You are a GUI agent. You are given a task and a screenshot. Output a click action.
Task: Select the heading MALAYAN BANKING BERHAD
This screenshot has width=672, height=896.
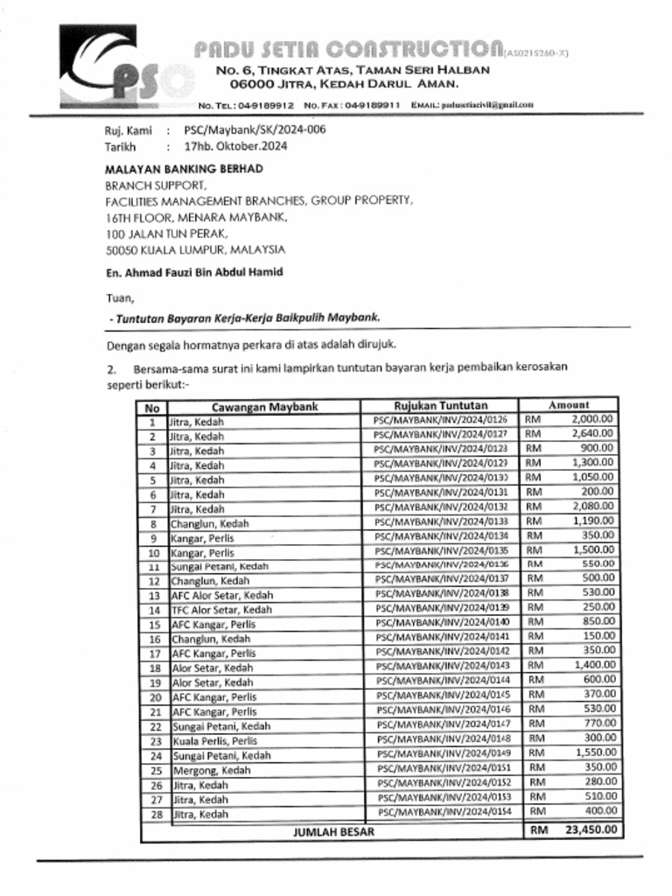point(184,169)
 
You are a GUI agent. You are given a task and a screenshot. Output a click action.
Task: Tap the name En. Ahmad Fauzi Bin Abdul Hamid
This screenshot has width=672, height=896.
point(193,272)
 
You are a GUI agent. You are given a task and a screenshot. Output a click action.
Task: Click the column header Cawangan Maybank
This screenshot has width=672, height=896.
point(264,406)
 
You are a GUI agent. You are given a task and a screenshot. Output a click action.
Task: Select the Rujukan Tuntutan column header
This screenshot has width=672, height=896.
point(440,406)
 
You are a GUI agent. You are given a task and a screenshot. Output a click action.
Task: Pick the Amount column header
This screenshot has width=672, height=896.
point(569,405)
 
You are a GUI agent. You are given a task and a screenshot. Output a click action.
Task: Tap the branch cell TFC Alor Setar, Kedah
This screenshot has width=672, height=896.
point(221,610)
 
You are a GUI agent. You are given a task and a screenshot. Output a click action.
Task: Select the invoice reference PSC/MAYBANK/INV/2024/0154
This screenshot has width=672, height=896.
point(444,813)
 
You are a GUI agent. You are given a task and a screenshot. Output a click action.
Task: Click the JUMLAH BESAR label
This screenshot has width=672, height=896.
point(332,831)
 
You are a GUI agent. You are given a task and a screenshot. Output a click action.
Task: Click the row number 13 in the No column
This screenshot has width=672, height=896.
point(153,595)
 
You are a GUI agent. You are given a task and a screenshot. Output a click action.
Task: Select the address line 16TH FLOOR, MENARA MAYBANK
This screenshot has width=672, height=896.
point(196,216)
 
